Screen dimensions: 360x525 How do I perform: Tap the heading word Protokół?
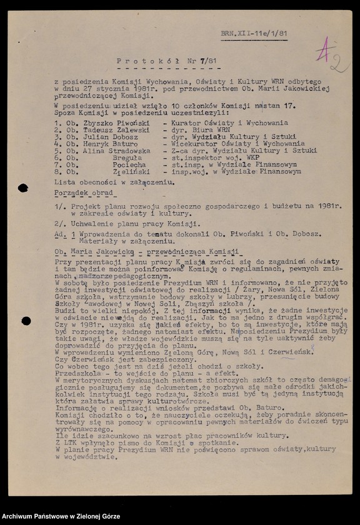point(139,61)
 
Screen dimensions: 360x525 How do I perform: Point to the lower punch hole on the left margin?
point(26,321)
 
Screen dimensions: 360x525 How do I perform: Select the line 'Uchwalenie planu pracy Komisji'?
point(134,223)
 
